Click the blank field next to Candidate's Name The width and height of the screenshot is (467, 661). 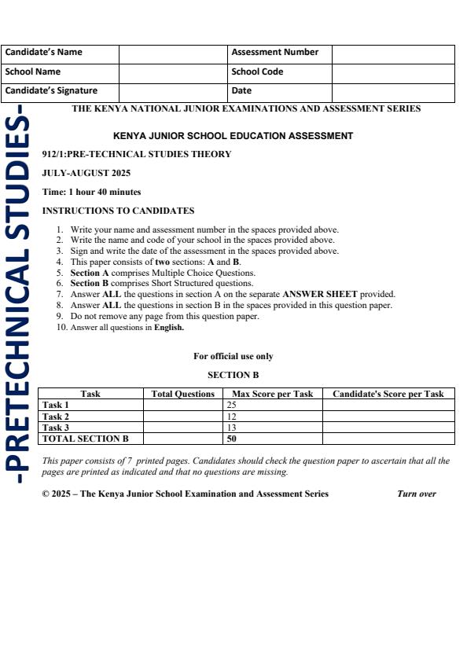pyautogui.click(x=173, y=53)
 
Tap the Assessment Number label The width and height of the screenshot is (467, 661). pyautogui.click(x=274, y=53)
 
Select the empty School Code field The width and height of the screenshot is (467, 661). pyautogui.click(x=393, y=72)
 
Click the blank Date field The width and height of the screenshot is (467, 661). pyautogui.click(x=393, y=90)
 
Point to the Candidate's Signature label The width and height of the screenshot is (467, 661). pyautogui.click(x=51, y=90)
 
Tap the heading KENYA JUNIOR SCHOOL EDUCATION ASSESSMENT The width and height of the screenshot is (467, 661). pyautogui.click(x=233, y=136)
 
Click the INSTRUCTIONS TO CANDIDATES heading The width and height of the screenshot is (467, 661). pyautogui.click(x=118, y=211)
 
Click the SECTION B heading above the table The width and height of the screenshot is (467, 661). pyautogui.click(x=233, y=376)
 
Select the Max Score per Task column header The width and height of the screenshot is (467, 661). pyautogui.click(x=272, y=394)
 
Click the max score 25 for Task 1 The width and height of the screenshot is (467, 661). pyautogui.click(x=232, y=406)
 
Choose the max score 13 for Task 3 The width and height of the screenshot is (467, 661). pyautogui.click(x=232, y=428)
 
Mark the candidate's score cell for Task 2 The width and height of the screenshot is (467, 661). pyautogui.click(x=388, y=417)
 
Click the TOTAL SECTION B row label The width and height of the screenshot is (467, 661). pyautogui.click(x=84, y=439)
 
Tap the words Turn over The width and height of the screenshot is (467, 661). pyautogui.click(x=417, y=494)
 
